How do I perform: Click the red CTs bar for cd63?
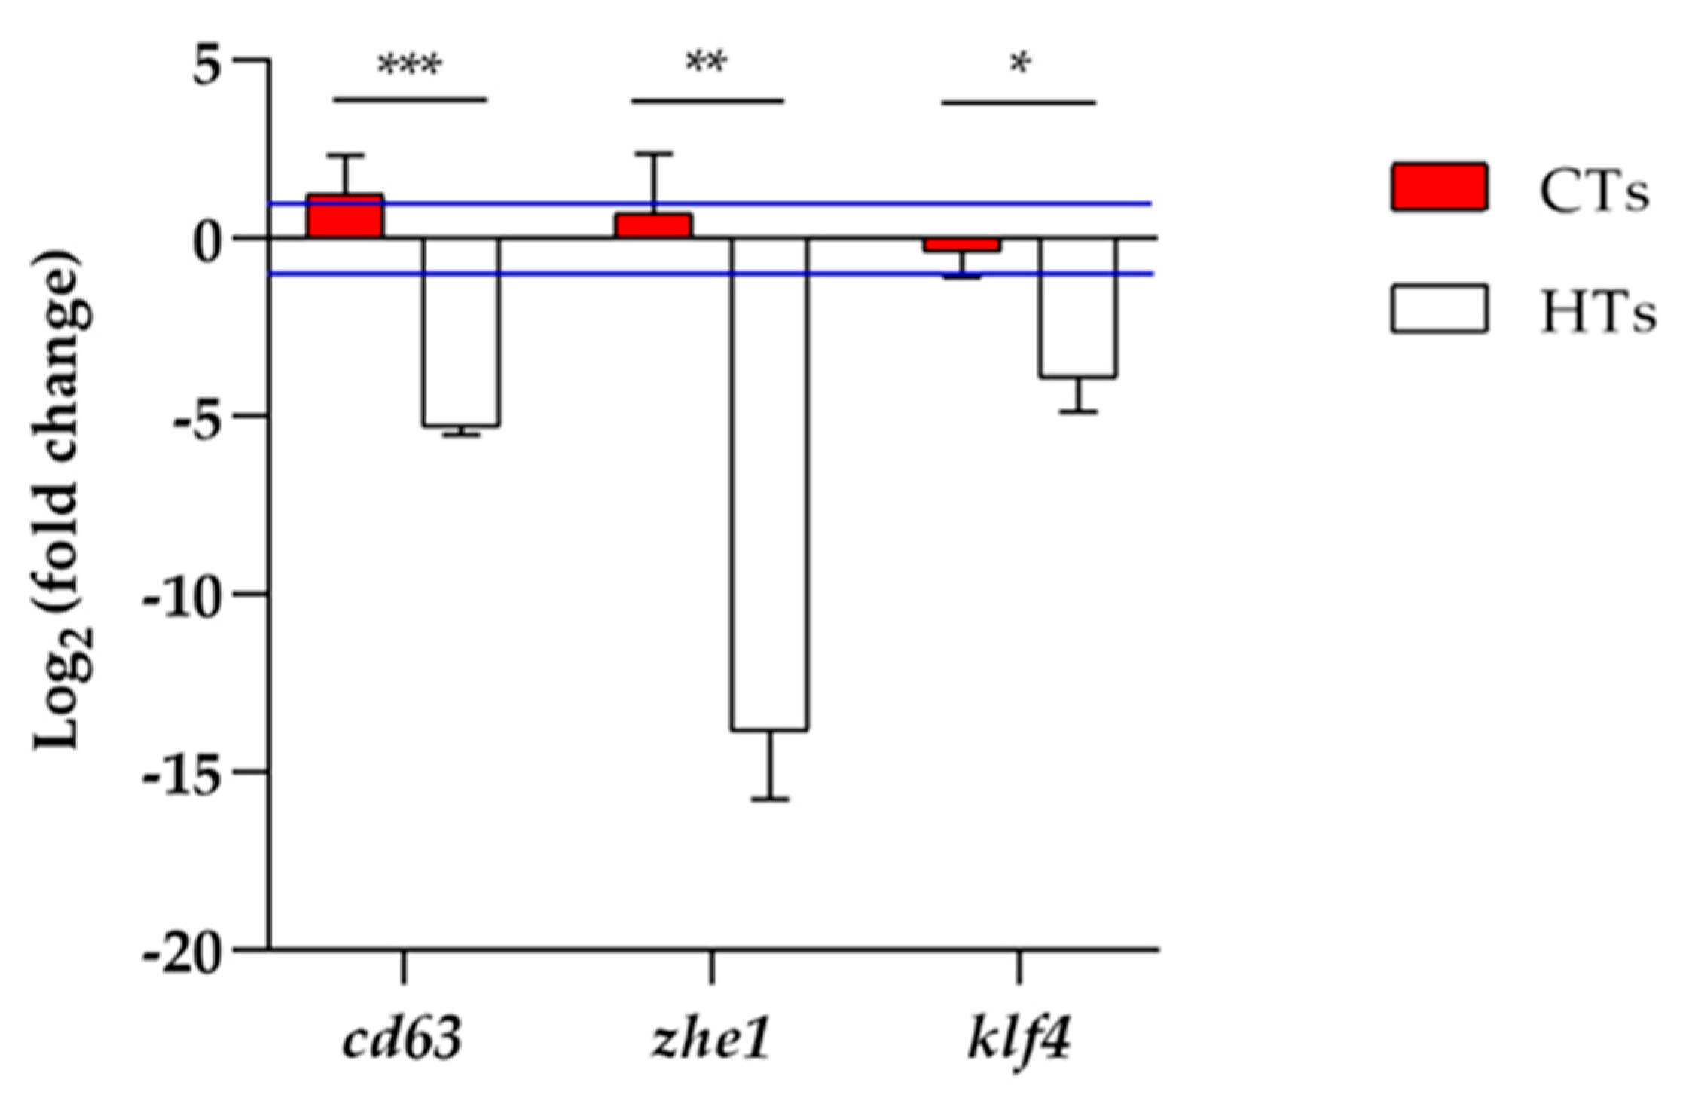345,216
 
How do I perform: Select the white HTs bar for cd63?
460,332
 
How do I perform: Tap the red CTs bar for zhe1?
653,226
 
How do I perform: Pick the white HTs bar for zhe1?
769,482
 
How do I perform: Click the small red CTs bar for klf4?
962,245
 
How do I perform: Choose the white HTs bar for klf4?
1078,307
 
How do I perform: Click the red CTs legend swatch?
1439,186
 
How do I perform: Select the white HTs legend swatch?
1439,308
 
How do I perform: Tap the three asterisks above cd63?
409,66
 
